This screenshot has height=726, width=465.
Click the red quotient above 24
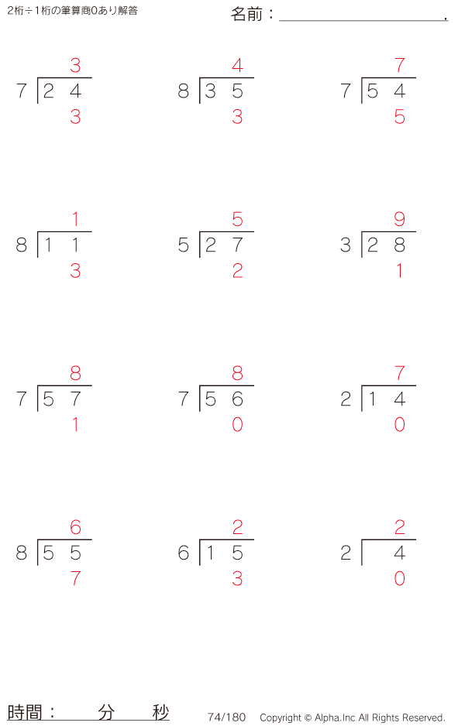[x=75, y=65]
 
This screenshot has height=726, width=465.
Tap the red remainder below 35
[x=237, y=117]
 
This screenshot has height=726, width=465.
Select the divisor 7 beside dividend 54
[x=346, y=91]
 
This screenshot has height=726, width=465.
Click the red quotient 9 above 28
[x=400, y=219]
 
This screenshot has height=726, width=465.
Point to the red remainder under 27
[x=237, y=271]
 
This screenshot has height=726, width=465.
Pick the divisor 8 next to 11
[x=22, y=245]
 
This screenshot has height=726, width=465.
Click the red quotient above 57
[x=75, y=373]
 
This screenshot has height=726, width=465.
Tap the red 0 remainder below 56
[x=237, y=425]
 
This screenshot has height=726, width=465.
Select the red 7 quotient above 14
[x=400, y=373]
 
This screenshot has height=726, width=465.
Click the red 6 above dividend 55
[x=75, y=527]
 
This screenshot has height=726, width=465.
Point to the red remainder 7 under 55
[x=75, y=578]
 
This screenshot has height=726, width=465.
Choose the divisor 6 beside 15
[x=184, y=553]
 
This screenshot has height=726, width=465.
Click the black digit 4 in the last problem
[x=400, y=553]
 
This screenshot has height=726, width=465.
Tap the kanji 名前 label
[x=246, y=15]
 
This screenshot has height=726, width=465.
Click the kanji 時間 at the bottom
[x=25, y=712]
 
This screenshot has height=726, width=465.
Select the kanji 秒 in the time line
[x=160, y=712]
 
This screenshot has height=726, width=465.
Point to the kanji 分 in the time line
[x=106, y=712]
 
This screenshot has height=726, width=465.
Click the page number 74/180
[x=227, y=717]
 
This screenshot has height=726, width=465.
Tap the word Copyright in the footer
[x=281, y=717]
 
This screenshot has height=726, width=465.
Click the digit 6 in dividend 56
[x=237, y=399]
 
